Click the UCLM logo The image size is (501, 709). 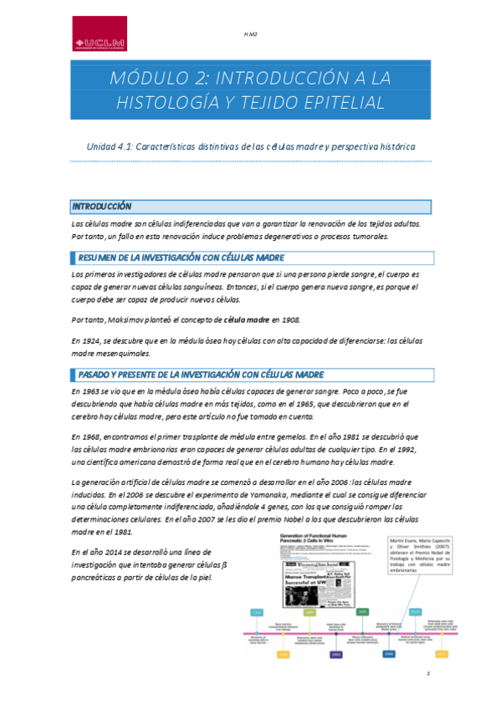[x=99, y=33]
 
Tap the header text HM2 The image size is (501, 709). [x=250, y=34]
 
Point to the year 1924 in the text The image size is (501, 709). [x=98, y=341]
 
